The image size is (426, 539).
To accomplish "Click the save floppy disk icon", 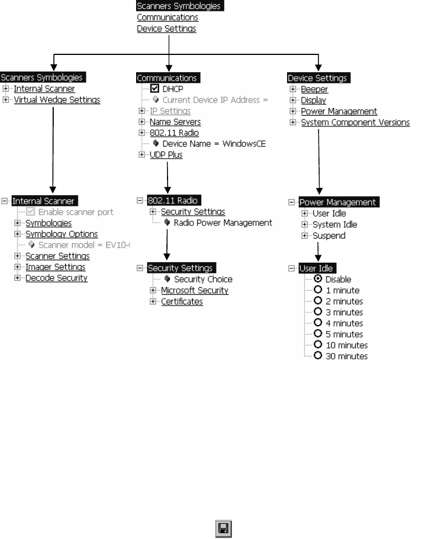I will click(x=222, y=528).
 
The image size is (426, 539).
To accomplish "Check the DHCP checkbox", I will click(x=154, y=89).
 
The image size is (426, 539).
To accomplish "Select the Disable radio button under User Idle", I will click(x=317, y=279).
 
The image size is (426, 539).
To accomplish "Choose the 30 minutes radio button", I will click(x=317, y=356).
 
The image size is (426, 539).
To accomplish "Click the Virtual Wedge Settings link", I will click(x=57, y=100).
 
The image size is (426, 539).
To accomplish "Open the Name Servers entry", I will click(x=175, y=122).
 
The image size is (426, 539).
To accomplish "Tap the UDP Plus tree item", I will click(x=166, y=154).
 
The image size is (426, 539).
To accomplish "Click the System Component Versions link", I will click(x=355, y=122).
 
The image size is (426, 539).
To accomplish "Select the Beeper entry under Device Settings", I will click(x=314, y=89).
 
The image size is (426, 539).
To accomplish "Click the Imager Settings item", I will click(x=55, y=267).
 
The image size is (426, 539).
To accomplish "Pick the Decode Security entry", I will click(x=56, y=278).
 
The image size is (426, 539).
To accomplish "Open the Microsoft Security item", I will click(x=194, y=290).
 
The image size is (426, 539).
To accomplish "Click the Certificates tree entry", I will click(x=182, y=301).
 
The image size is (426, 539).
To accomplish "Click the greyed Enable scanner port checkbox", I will click(x=30, y=212).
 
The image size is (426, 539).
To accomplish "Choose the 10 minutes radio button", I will click(x=317, y=345).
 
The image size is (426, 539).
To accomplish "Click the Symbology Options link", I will click(x=61, y=233).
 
